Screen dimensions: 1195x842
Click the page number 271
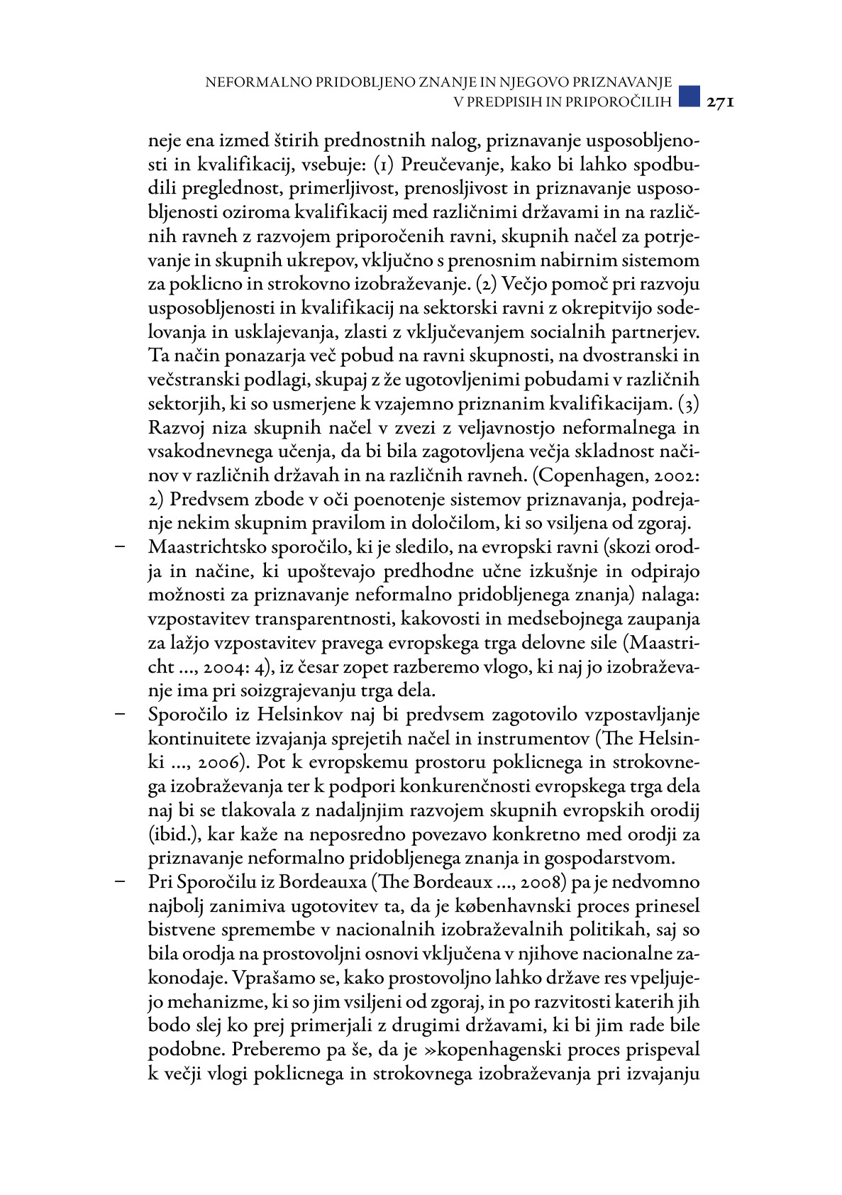click(719, 101)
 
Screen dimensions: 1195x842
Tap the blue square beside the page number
click(689, 97)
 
